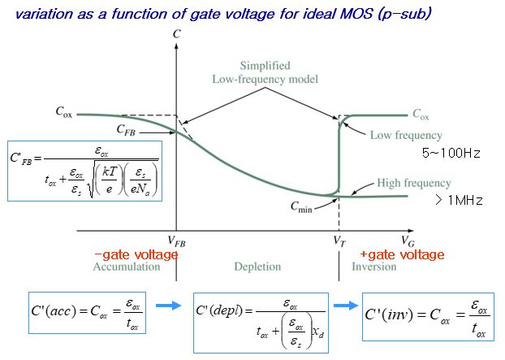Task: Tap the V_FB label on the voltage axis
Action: [x=176, y=241]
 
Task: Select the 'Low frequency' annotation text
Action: [x=406, y=135]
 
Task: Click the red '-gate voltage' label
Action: [x=138, y=254]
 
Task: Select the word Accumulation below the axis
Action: [x=127, y=267]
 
